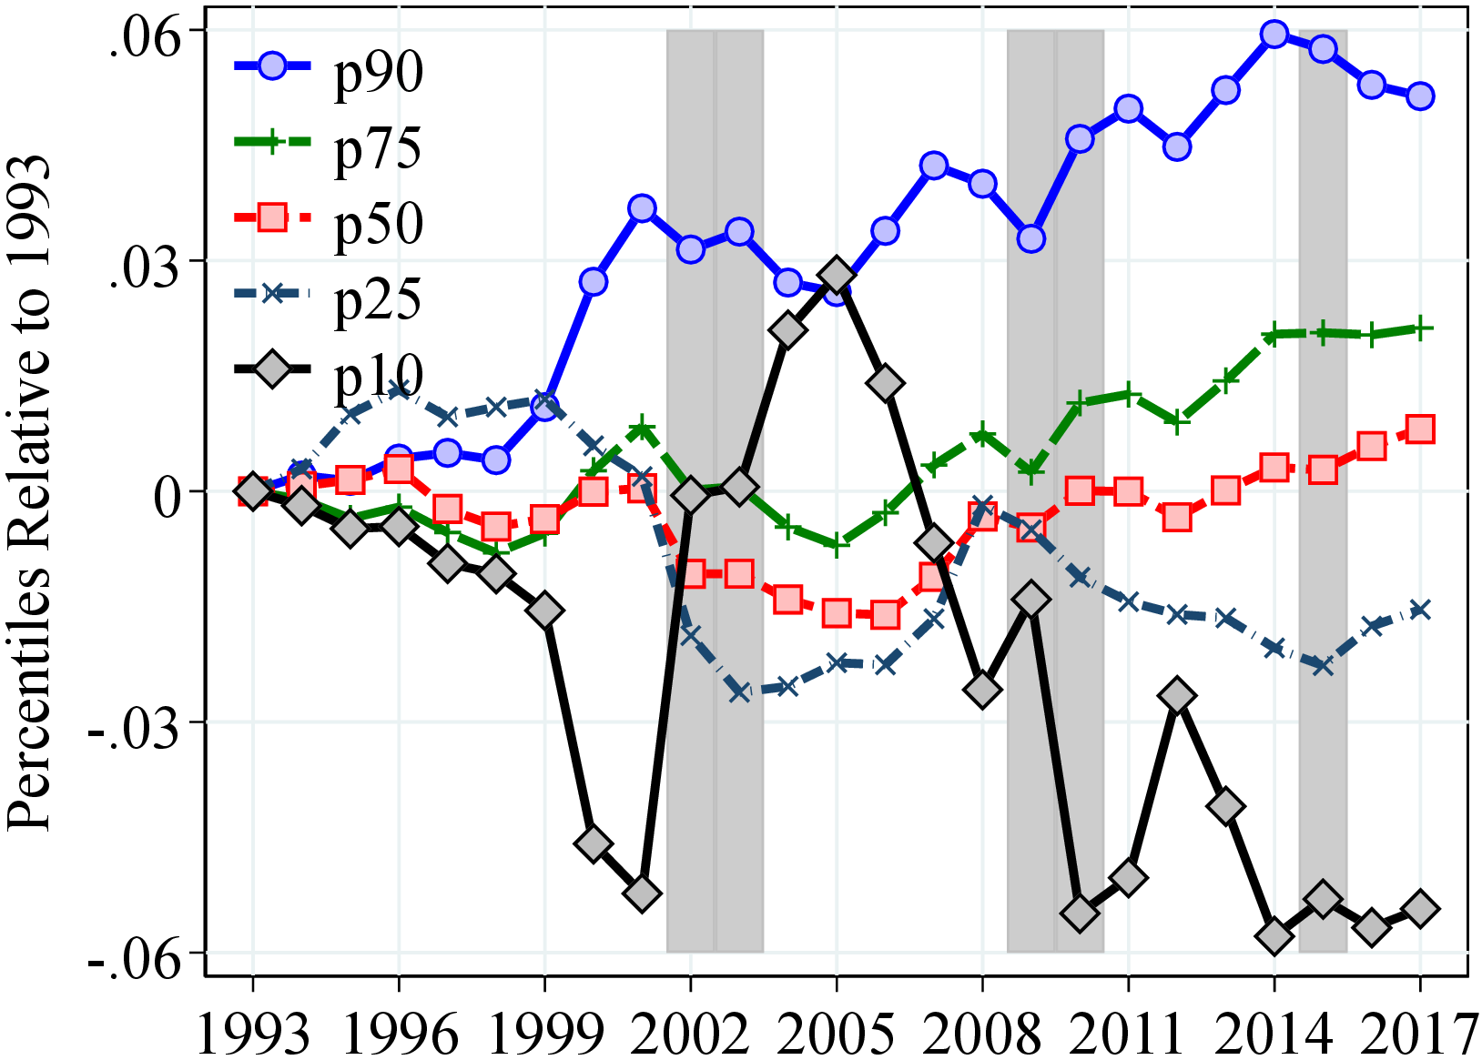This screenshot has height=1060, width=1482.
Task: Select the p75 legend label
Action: [x=379, y=147]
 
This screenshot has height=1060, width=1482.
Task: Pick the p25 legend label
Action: [x=379, y=299]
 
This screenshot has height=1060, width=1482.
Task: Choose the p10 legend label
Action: [x=379, y=375]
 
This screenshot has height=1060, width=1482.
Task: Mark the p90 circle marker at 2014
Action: [x=1274, y=35]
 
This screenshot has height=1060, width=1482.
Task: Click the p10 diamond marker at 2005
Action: [x=837, y=275]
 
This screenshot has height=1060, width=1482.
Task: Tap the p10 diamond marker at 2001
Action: [x=642, y=893]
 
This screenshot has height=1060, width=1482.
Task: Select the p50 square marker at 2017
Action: [x=1420, y=429]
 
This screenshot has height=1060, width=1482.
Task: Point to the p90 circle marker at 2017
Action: [x=1420, y=96]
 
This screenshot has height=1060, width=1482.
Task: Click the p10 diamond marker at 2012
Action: [x=1177, y=696]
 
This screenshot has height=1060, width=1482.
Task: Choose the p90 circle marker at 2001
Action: [x=642, y=208]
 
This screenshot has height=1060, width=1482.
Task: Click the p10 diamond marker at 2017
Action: [x=1420, y=908]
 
